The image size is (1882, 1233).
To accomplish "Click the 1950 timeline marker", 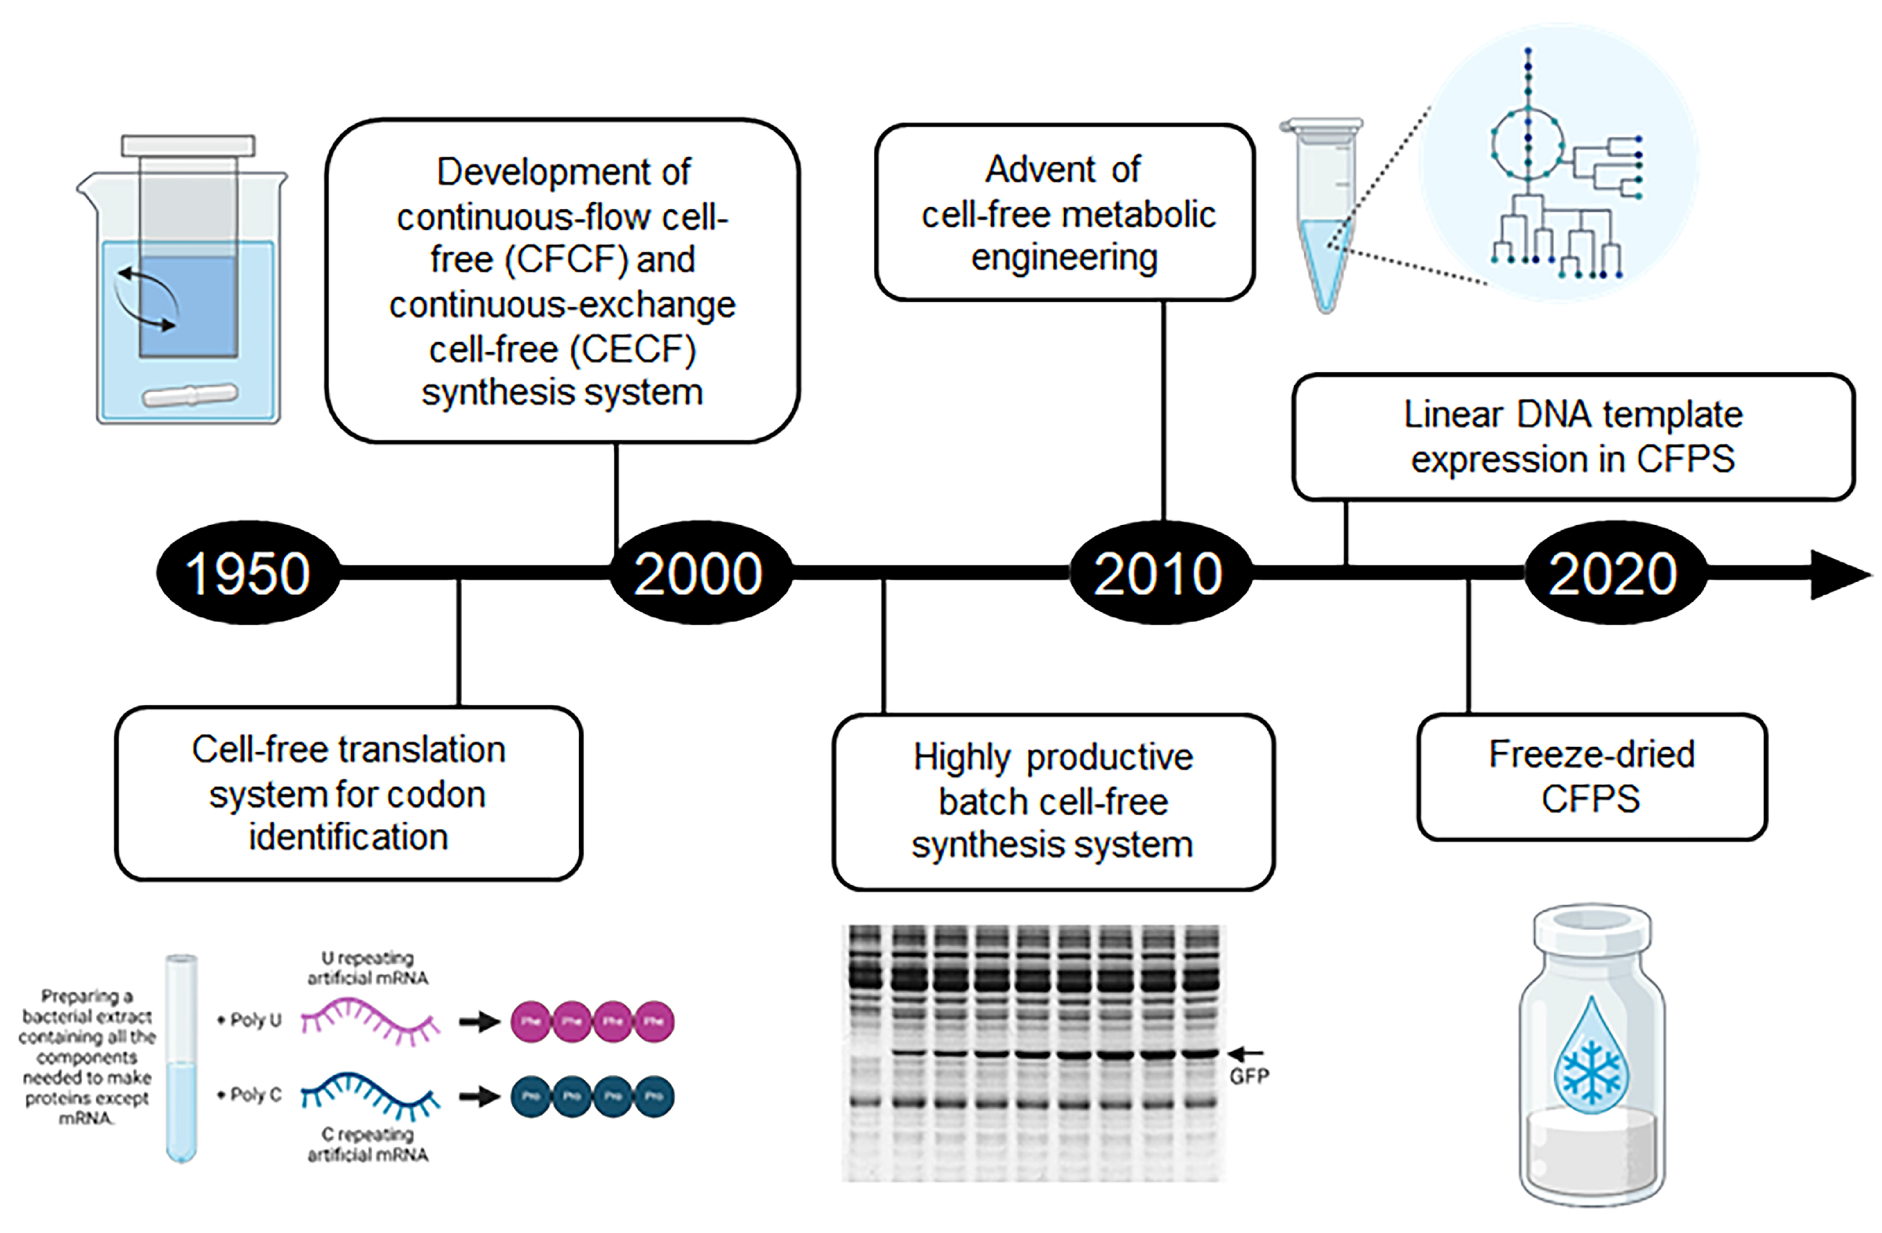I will pyautogui.click(x=248, y=573).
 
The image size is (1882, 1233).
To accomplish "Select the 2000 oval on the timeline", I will pyautogui.click(x=699, y=573).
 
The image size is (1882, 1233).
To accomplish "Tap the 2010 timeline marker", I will pyautogui.click(x=1159, y=573).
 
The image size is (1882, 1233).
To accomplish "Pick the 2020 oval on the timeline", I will pyautogui.click(x=1613, y=573).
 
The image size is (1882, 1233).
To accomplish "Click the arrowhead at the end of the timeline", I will pyautogui.click(x=1839, y=574).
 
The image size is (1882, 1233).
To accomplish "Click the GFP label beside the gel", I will pyautogui.click(x=1248, y=1077).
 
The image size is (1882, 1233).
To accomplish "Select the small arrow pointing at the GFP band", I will pyautogui.click(x=1246, y=1053).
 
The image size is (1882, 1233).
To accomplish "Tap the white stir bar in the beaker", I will pyautogui.click(x=190, y=394).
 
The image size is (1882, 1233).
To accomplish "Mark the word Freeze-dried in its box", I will pyautogui.click(x=1591, y=753).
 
